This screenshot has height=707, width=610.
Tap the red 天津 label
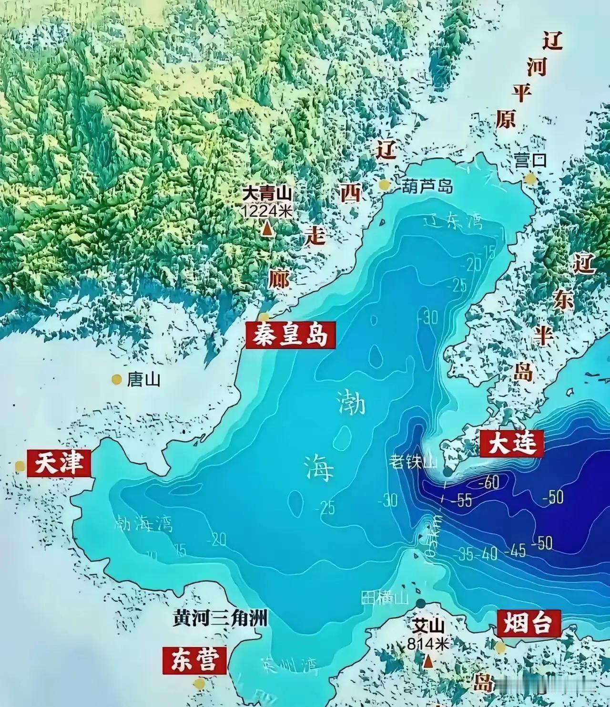click(x=59, y=463)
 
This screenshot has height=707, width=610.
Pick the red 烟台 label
click(x=528, y=623)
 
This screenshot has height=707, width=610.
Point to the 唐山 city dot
click(x=116, y=379)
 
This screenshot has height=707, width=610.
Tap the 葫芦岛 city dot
click(x=384, y=185)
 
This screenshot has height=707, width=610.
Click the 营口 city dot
click(x=530, y=178)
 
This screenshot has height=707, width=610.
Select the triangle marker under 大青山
click(x=268, y=229)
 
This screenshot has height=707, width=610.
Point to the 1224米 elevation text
click(x=267, y=211)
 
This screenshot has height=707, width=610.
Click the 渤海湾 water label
click(x=144, y=524)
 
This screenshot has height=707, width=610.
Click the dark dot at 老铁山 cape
click(x=447, y=472)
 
